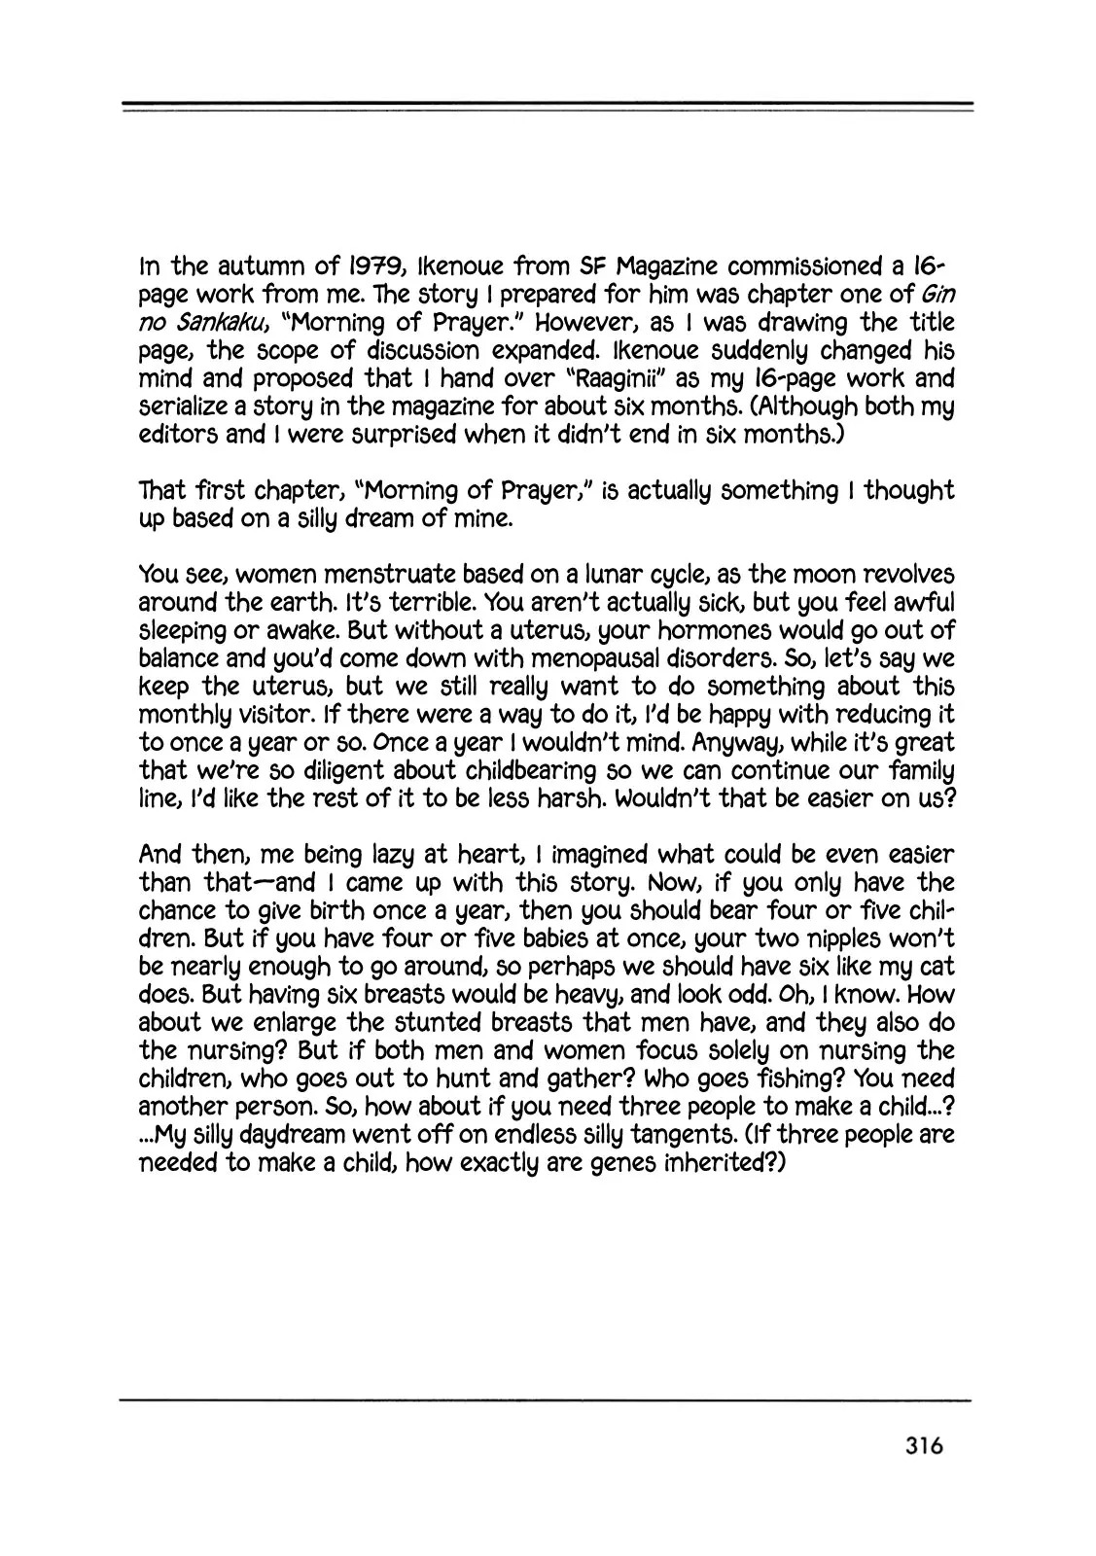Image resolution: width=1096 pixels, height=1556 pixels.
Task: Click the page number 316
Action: tap(917, 1445)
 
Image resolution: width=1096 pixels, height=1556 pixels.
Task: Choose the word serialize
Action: tap(194, 407)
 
